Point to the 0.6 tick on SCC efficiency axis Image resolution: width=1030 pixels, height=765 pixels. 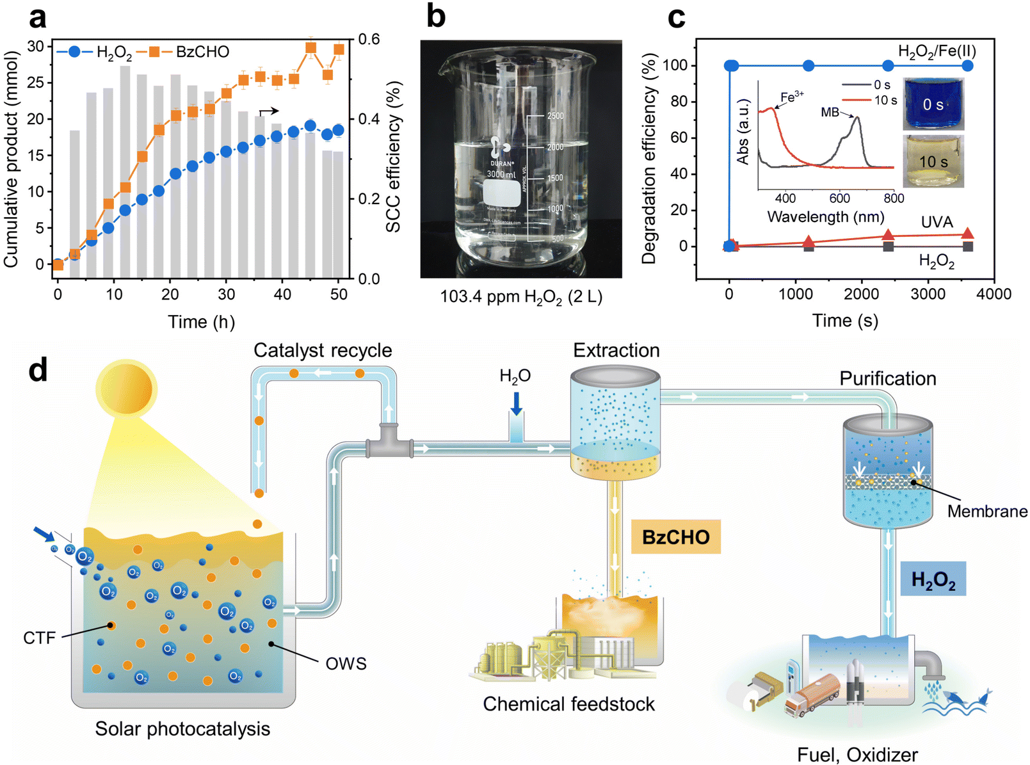coord(369,40)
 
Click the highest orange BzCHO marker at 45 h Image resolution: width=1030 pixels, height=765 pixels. coord(311,48)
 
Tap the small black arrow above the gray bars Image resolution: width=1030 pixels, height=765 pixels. coord(268,111)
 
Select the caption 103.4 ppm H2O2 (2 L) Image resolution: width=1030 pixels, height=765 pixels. coord(521,297)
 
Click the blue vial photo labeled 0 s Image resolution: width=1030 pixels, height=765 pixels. coord(933,104)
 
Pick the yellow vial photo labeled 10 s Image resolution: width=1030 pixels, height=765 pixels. coord(933,161)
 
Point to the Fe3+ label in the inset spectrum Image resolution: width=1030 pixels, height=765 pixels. coord(792,97)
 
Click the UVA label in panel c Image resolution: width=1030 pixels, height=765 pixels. coord(937,222)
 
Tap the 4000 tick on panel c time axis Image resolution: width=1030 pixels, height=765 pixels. coord(994,294)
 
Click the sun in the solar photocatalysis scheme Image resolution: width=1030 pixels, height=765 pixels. coord(126,388)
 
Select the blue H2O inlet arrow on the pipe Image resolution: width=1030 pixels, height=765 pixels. coord(516,404)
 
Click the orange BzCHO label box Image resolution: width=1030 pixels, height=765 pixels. coord(675,536)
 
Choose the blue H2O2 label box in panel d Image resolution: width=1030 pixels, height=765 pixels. coord(933,579)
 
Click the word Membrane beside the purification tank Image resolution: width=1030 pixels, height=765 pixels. coord(987,511)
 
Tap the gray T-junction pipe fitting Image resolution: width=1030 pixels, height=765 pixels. coord(389,442)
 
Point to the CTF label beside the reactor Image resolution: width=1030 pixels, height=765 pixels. coord(40,638)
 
